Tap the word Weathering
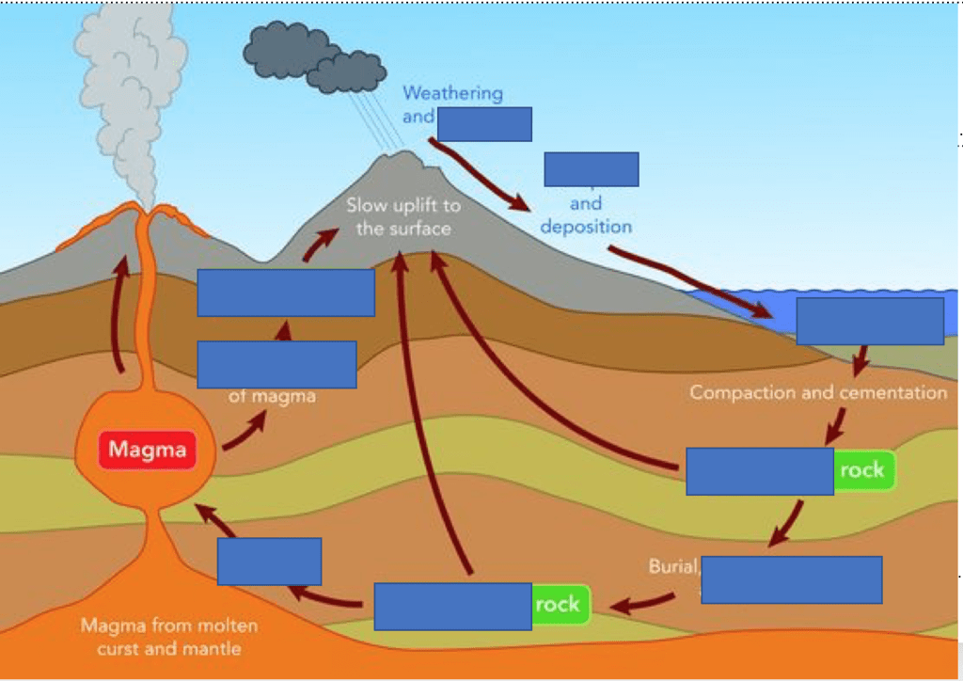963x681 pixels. click(x=452, y=93)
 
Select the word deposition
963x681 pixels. click(x=586, y=227)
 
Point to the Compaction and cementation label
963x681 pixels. click(x=818, y=392)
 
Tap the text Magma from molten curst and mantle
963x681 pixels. click(x=169, y=637)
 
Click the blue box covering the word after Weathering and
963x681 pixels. click(x=484, y=124)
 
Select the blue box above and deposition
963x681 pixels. click(x=592, y=169)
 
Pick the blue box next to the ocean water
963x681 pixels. click(x=870, y=321)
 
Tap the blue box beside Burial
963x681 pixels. click(x=792, y=579)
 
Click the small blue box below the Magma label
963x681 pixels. click(x=269, y=562)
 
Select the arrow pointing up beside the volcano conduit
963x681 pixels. click(x=118, y=315)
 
